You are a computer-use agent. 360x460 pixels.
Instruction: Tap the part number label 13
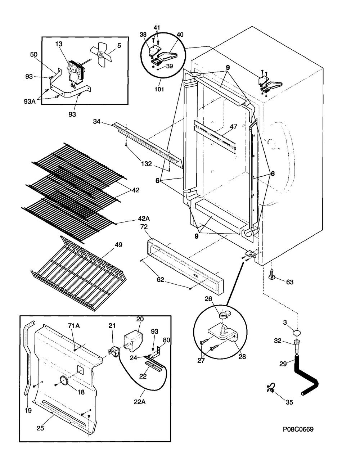59,44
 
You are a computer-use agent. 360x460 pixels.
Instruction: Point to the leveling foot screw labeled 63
272,275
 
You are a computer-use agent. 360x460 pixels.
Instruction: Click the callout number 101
159,89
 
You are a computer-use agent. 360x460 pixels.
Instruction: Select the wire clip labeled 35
270,389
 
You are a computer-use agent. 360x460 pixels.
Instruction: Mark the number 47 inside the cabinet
233,127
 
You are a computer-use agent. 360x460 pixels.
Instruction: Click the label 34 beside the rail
97,121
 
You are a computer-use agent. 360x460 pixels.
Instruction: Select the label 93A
30,102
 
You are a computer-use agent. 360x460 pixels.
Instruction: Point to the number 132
147,164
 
